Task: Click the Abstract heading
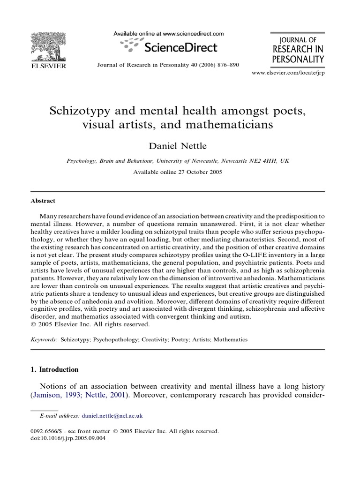point(43,201)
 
